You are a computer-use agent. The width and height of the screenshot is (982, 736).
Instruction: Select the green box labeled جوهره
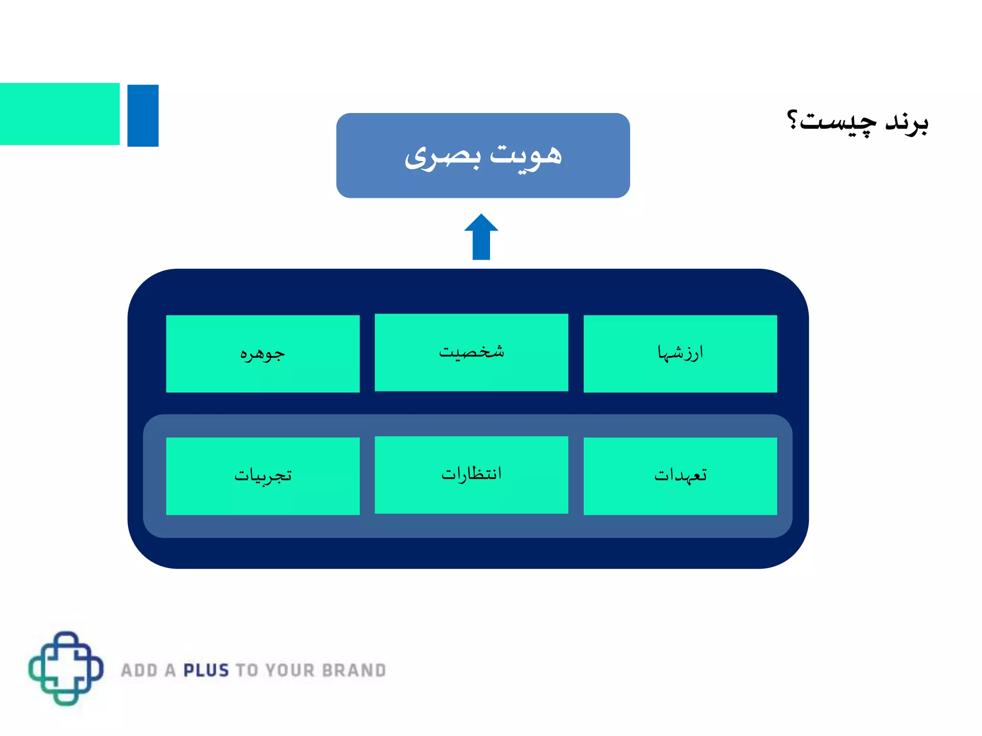[263, 354]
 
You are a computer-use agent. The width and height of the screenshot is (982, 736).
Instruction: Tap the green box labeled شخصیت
[471, 352]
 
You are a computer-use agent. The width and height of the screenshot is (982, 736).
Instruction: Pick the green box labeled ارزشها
[680, 354]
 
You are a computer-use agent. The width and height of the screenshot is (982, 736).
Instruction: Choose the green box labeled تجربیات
[263, 476]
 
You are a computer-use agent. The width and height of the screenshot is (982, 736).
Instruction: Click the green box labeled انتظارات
[471, 474]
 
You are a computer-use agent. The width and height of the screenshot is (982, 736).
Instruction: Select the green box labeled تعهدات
[680, 476]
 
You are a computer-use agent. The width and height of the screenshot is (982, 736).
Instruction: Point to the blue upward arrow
[481, 238]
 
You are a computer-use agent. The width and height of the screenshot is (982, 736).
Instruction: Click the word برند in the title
[906, 122]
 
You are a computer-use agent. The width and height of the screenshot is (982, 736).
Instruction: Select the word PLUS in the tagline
[207, 670]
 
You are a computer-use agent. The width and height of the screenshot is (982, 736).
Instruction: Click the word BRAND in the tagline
[354, 670]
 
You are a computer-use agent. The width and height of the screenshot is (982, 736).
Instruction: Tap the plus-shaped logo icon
[66, 668]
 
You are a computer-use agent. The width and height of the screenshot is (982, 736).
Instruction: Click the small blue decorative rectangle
[143, 115]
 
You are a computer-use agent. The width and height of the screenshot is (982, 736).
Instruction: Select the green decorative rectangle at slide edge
[59, 114]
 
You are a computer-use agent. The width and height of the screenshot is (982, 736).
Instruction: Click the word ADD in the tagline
[139, 670]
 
